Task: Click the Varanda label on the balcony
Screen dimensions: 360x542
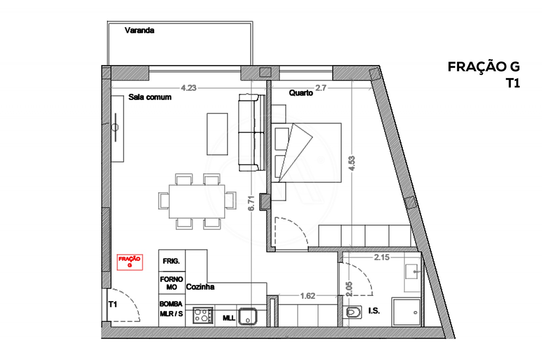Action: click(x=139, y=31)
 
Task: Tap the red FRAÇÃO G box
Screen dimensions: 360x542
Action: click(x=129, y=262)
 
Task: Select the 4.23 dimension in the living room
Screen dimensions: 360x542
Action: click(x=188, y=88)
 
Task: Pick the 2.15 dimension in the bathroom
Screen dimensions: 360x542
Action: click(x=381, y=257)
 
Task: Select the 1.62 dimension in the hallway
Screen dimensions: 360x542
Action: click(x=308, y=296)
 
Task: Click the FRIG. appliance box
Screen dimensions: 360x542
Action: click(x=171, y=261)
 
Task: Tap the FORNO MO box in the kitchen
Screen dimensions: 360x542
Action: click(x=172, y=283)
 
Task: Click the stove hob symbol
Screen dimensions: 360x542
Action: click(x=203, y=315)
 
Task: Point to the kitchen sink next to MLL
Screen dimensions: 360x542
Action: click(x=248, y=316)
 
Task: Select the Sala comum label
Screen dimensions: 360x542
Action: click(x=150, y=97)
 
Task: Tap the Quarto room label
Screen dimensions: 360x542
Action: click(x=301, y=93)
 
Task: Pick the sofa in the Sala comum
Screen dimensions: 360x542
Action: click(x=251, y=133)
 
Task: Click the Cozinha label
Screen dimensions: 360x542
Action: click(x=200, y=287)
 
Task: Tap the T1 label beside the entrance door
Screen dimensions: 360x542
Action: click(x=113, y=304)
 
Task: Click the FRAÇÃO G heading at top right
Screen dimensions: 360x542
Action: click(x=483, y=67)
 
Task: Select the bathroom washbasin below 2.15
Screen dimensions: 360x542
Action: click(x=412, y=271)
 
